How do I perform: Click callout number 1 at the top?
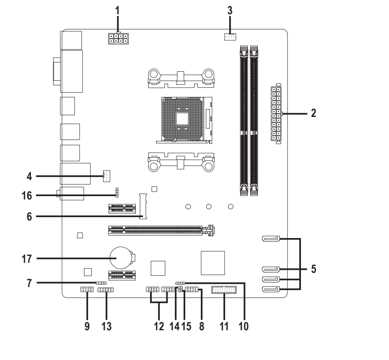pyautogui.click(x=118, y=9)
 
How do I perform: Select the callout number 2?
pyautogui.click(x=313, y=113)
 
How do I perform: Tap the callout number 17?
pyautogui.click(x=27, y=259)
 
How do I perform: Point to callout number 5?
pyautogui.click(x=313, y=269)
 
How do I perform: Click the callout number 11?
pyautogui.click(x=224, y=326)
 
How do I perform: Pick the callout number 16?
pyautogui.click(x=27, y=195)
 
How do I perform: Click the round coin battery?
pyautogui.click(x=121, y=257)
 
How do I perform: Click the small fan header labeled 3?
pyautogui.click(x=229, y=37)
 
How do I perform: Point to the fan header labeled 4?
pyautogui.click(x=106, y=176)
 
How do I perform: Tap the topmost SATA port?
pyautogui.click(x=271, y=239)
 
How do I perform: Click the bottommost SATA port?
pyautogui.click(x=271, y=289)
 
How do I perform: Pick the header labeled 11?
pyautogui.click(x=224, y=290)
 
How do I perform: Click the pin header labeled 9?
pyautogui.click(x=86, y=290)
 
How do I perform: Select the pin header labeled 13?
pyautogui.click(x=106, y=290)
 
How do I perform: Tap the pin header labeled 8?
pyautogui.click(x=192, y=289)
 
